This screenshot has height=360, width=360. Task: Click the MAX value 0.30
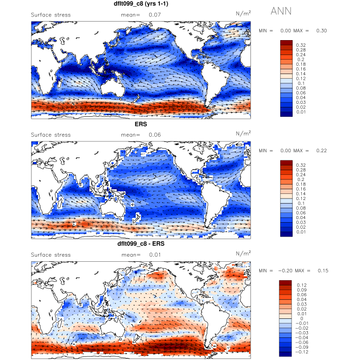coord(321,31)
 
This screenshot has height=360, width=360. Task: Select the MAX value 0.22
coord(321,151)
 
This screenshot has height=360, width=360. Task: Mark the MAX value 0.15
coord(321,271)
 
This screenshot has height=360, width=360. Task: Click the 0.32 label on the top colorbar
coord(301,45)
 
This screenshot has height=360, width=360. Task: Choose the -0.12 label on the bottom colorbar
coord(302,353)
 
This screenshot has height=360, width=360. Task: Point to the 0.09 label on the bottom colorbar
coord(301,290)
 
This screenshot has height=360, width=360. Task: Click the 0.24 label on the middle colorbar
coord(301,174)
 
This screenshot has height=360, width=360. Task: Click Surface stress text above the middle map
coord(51,135)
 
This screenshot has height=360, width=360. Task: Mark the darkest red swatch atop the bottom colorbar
coord(285,283)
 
